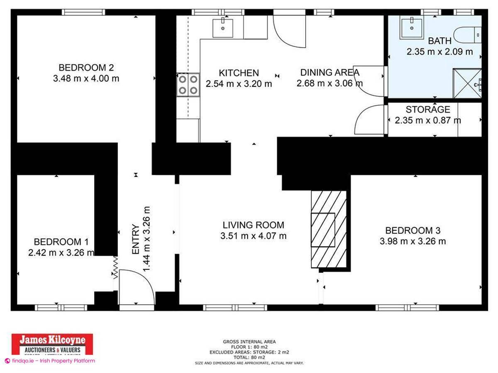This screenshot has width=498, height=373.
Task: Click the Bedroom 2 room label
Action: point(86,67)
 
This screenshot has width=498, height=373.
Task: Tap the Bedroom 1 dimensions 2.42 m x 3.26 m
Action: point(61,252)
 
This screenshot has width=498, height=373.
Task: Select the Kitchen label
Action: point(239,73)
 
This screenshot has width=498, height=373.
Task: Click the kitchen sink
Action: point(222,28)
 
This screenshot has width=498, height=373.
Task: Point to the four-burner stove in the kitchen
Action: point(188,85)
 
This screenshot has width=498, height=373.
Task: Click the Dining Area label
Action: point(330,73)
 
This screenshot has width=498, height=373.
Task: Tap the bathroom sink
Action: point(411,28)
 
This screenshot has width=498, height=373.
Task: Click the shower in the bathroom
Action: point(467,84)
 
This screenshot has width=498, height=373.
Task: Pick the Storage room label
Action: point(427,110)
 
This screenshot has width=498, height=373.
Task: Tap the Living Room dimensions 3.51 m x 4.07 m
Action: point(253,236)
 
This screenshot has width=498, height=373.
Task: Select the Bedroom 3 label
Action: point(413,230)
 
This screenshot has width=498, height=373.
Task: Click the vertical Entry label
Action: point(136,239)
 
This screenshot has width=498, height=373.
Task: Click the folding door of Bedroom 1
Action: point(115,267)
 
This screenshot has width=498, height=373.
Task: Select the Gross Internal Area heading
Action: point(249,342)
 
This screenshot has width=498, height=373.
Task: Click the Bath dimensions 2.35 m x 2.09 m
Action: point(439,52)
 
